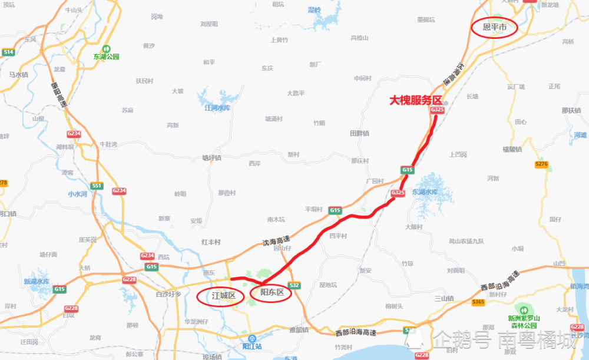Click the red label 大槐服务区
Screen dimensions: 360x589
click(x=416, y=101)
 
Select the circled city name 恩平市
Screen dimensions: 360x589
click(x=494, y=27)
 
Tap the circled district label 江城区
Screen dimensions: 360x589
click(x=223, y=295)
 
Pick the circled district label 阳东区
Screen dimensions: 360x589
click(x=272, y=292)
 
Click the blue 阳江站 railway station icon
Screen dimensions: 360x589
click(x=252, y=339)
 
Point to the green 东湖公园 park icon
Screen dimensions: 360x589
click(x=106, y=49)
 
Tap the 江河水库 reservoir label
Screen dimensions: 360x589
click(x=216, y=108)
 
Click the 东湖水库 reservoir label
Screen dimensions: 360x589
click(x=425, y=192)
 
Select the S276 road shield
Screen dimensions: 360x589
click(x=541, y=164)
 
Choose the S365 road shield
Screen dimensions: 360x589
click(x=478, y=302)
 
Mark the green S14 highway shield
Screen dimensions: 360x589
click(x=8, y=52)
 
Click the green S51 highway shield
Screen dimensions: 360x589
click(x=97, y=186)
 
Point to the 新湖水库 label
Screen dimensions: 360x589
click(x=36, y=282)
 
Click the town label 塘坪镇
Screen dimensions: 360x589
click(x=211, y=158)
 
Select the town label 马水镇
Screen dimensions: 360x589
click(x=19, y=75)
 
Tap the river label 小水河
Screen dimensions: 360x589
click(x=77, y=193)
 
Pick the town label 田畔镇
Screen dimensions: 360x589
click(x=359, y=133)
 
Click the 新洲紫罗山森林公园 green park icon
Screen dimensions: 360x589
click(x=522, y=309)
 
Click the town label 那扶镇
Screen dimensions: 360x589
click(x=571, y=110)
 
